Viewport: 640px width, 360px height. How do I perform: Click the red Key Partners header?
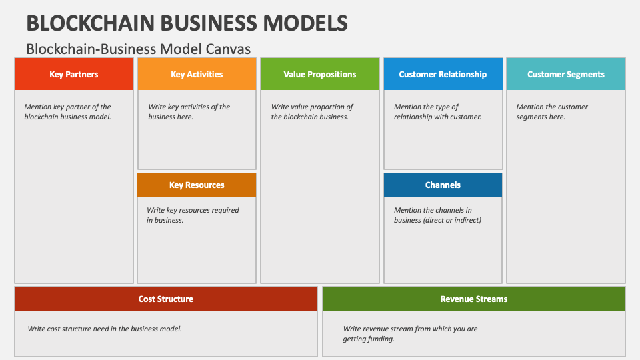pos(74,74)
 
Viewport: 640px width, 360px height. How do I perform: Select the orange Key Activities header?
pos(197,74)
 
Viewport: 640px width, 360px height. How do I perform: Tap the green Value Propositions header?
pos(319,74)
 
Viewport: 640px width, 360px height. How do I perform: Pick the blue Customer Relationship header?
pos(443,74)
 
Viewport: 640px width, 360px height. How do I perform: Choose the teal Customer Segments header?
pos(566,74)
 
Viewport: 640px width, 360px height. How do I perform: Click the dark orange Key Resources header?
pos(197,185)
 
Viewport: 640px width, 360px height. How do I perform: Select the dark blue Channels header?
pos(443,185)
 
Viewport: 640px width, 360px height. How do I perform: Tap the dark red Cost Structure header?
pos(166,299)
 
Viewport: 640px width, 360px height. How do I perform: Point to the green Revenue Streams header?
pos(474,299)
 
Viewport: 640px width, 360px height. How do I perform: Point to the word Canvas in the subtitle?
pos(228,49)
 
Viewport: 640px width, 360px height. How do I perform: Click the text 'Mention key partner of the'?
pos(67,107)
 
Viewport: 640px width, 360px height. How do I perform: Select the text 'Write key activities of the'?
pos(189,107)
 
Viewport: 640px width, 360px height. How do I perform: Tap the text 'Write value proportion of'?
pos(312,107)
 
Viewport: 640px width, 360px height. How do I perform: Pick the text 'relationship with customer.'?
pos(437,117)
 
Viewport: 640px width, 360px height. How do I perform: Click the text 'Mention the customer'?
pos(552,107)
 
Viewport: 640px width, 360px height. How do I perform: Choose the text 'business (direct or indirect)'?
pos(437,220)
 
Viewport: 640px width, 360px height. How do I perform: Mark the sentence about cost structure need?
pos(105,329)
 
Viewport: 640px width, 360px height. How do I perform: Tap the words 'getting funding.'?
pos(369,339)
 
